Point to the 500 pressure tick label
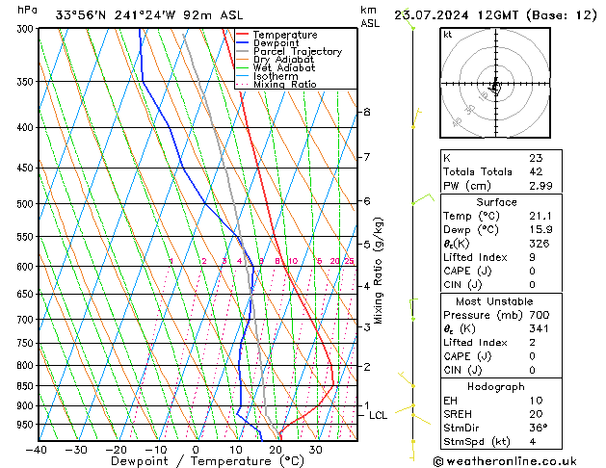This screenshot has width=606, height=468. click(22, 204)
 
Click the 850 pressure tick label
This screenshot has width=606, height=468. click(22, 386)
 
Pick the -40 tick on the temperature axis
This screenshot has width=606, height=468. click(37, 449)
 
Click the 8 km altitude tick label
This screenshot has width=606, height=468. click(366, 113)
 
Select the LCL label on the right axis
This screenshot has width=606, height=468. click(378, 415)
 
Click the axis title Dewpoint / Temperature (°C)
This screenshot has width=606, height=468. click(197, 461)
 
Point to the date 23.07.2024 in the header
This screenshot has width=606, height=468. click(428, 15)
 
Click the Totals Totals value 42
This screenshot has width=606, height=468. click(536, 171)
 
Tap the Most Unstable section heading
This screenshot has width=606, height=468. click(496, 301)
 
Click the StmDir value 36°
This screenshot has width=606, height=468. click(539, 428)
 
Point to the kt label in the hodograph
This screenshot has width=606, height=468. click(447, 35)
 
